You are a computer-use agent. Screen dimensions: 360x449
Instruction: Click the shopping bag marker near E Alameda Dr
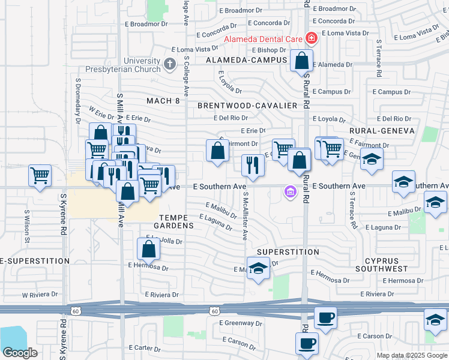click(x=302, y=61)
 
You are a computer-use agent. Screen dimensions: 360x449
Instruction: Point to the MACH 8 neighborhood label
click(x=163, y=101)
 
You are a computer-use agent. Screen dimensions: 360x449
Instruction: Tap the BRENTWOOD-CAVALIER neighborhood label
click(x=247, y=106)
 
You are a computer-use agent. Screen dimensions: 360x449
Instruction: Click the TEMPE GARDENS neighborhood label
click(x=176, y=221)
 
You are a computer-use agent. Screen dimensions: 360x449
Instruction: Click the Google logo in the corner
click(x=20, y=352)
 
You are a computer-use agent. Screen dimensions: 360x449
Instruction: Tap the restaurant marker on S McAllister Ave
click(x=253, y=165)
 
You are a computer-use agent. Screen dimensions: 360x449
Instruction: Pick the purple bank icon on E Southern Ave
click(x=290, y=192)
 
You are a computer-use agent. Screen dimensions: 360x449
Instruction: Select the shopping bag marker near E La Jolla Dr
click(x=148, y=248)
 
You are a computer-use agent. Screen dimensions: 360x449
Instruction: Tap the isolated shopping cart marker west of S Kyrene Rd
click(x=40, y=176)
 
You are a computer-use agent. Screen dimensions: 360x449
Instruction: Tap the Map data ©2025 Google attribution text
click(x=411, y=355)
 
